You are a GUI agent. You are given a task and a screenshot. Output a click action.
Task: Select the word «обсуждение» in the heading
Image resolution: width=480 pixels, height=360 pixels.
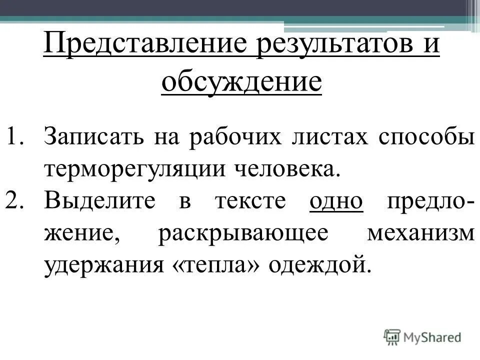click(x=241, y=82)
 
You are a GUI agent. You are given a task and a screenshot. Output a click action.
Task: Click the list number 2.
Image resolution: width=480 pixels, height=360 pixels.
click(x=19, y=202)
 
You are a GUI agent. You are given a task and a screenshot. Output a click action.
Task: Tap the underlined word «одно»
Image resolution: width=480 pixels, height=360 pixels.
click(x=336, y=202)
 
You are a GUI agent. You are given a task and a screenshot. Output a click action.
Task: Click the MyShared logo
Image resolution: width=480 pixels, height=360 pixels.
click(x=423, y=336)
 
